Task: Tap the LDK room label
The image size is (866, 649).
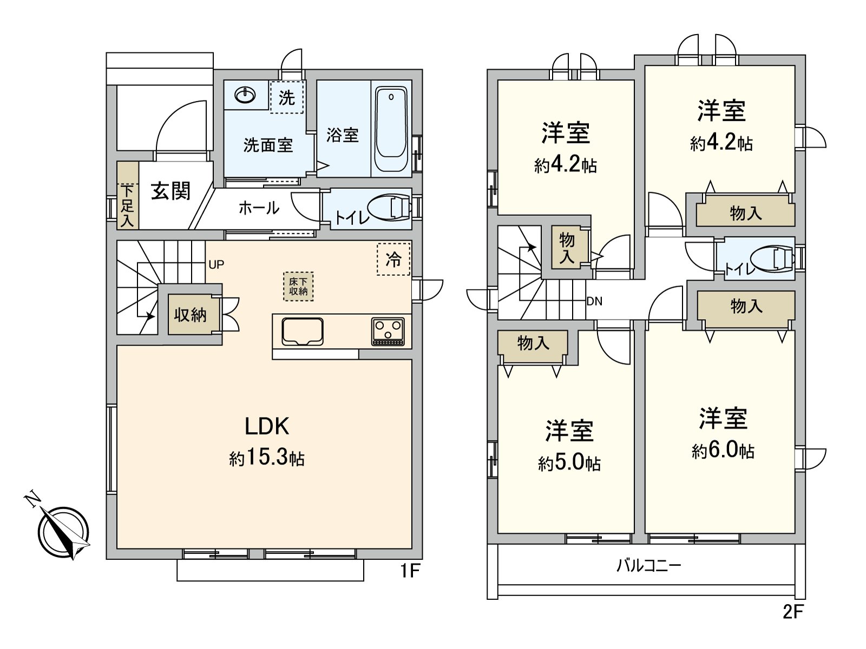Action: click(267, 427)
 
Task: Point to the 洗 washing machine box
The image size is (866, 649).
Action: click(286, 97)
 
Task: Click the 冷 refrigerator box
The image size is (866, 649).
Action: click(393, 259)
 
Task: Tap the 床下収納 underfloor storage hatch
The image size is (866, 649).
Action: click(298, 287)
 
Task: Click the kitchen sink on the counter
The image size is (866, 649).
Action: click(303, 331)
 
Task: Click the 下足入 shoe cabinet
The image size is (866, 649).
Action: click(128, 196)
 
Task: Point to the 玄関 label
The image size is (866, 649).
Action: click(170, 191)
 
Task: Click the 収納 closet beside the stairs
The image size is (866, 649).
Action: click(191, 314)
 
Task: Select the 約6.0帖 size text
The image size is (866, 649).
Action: click(723, 451)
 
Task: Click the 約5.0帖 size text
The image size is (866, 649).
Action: click(569, 463)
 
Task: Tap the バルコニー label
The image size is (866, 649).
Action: click(648, 566)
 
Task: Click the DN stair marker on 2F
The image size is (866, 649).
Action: click(594, 301)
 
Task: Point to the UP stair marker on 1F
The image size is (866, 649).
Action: click(216, 264)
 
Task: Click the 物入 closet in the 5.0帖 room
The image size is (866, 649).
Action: click(533, 343)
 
